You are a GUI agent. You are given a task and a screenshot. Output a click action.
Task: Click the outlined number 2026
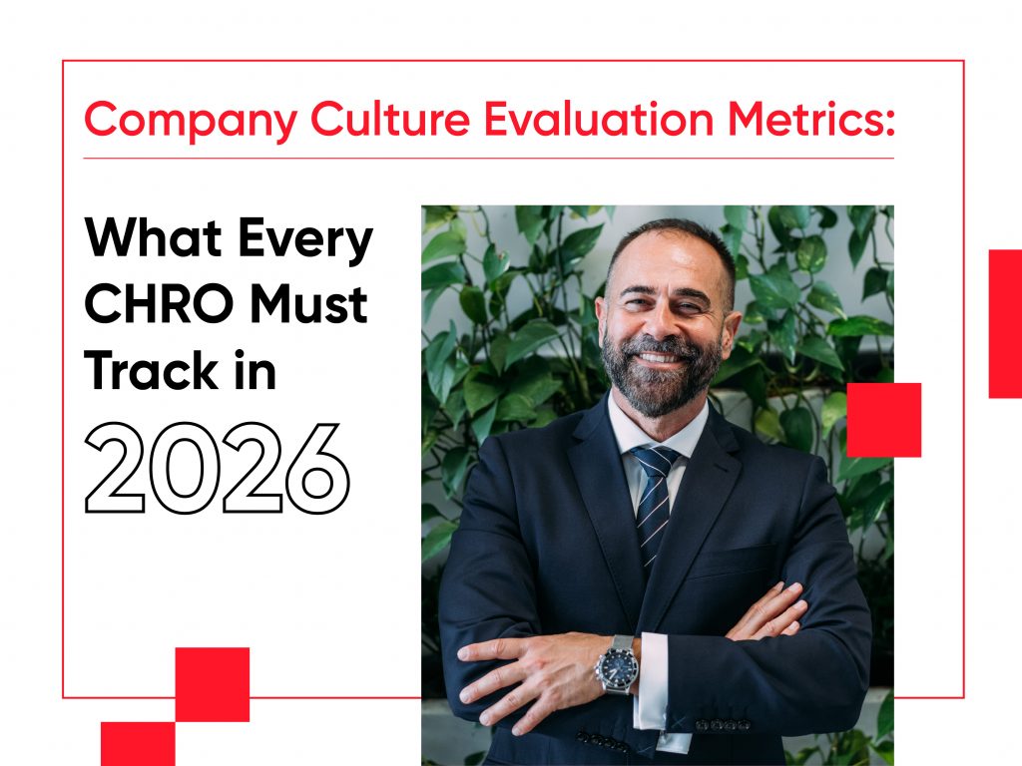218,469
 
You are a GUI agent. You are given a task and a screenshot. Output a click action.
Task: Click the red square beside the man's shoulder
883,420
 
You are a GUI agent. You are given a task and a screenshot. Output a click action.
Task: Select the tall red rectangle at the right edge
1005,323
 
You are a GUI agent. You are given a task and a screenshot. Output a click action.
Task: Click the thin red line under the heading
488,159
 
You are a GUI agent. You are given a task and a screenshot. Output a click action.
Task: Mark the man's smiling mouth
663,356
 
